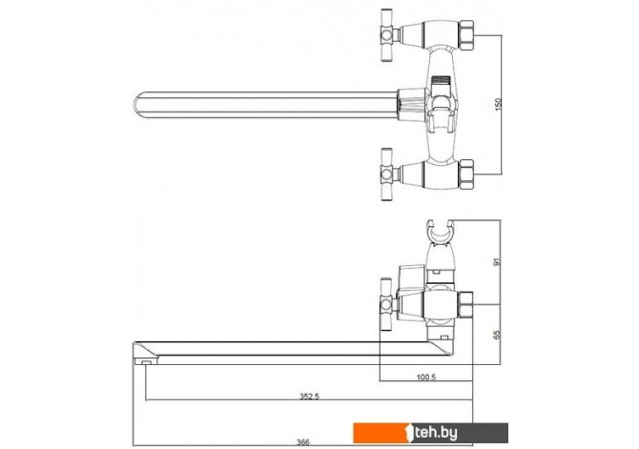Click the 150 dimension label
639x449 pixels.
(498, 105)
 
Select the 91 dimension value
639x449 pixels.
(496, 262)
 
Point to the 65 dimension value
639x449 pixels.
(496, 335)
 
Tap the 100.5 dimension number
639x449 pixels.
(426, 378)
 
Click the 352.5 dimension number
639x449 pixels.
(309, 396)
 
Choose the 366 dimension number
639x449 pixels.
(303, 442)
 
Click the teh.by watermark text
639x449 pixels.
(436, 433)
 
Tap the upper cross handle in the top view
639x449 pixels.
(388, 35)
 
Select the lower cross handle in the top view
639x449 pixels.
(388, 174)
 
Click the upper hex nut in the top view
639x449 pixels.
(466, 35)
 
